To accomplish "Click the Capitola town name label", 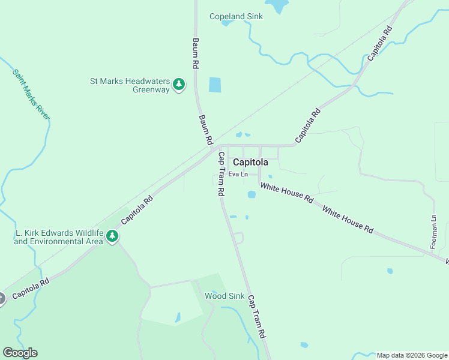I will click(250, 161).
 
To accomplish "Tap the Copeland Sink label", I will click(236, 16).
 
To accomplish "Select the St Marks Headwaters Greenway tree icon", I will click(178, 85).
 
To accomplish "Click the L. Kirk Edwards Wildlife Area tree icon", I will click(112, 237).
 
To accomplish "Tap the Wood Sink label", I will click(224, 296).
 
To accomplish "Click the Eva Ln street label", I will click(238, 174).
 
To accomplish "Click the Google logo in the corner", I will click(20, 353).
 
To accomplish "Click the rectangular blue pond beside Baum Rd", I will click(214, 85).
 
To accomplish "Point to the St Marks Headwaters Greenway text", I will click(130, 85).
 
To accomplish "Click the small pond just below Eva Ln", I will click(252, 194).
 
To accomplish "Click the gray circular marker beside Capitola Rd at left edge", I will click(1, 298).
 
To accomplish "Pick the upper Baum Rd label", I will click(195, 55).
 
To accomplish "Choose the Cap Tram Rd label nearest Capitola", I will click(221, 174).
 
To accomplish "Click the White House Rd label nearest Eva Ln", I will click(286, 193).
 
